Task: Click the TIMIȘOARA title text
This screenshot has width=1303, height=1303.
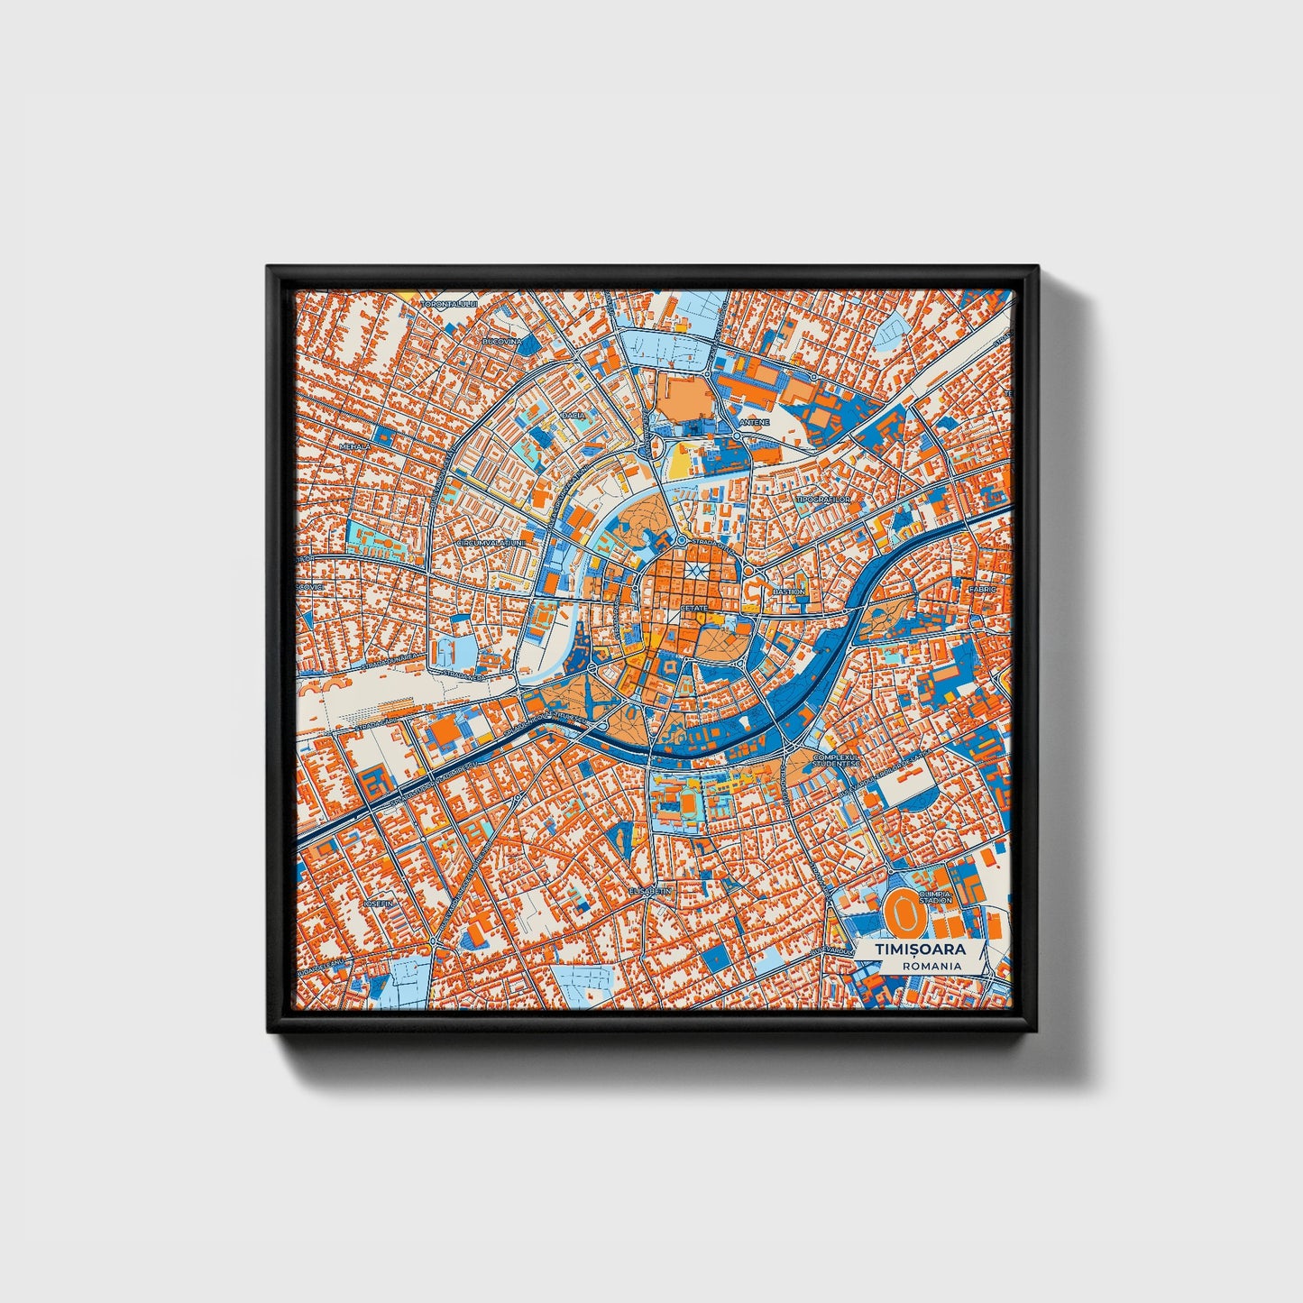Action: coord(920,950)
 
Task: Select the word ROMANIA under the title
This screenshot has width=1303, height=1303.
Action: coord(931,966)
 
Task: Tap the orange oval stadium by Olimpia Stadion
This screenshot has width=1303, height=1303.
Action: coord(901,913)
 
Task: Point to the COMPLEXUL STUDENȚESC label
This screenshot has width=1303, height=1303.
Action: coord(836,760)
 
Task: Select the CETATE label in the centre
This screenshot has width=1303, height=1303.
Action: coord(694,609)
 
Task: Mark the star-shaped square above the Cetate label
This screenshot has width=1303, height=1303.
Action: coord(694,572)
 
